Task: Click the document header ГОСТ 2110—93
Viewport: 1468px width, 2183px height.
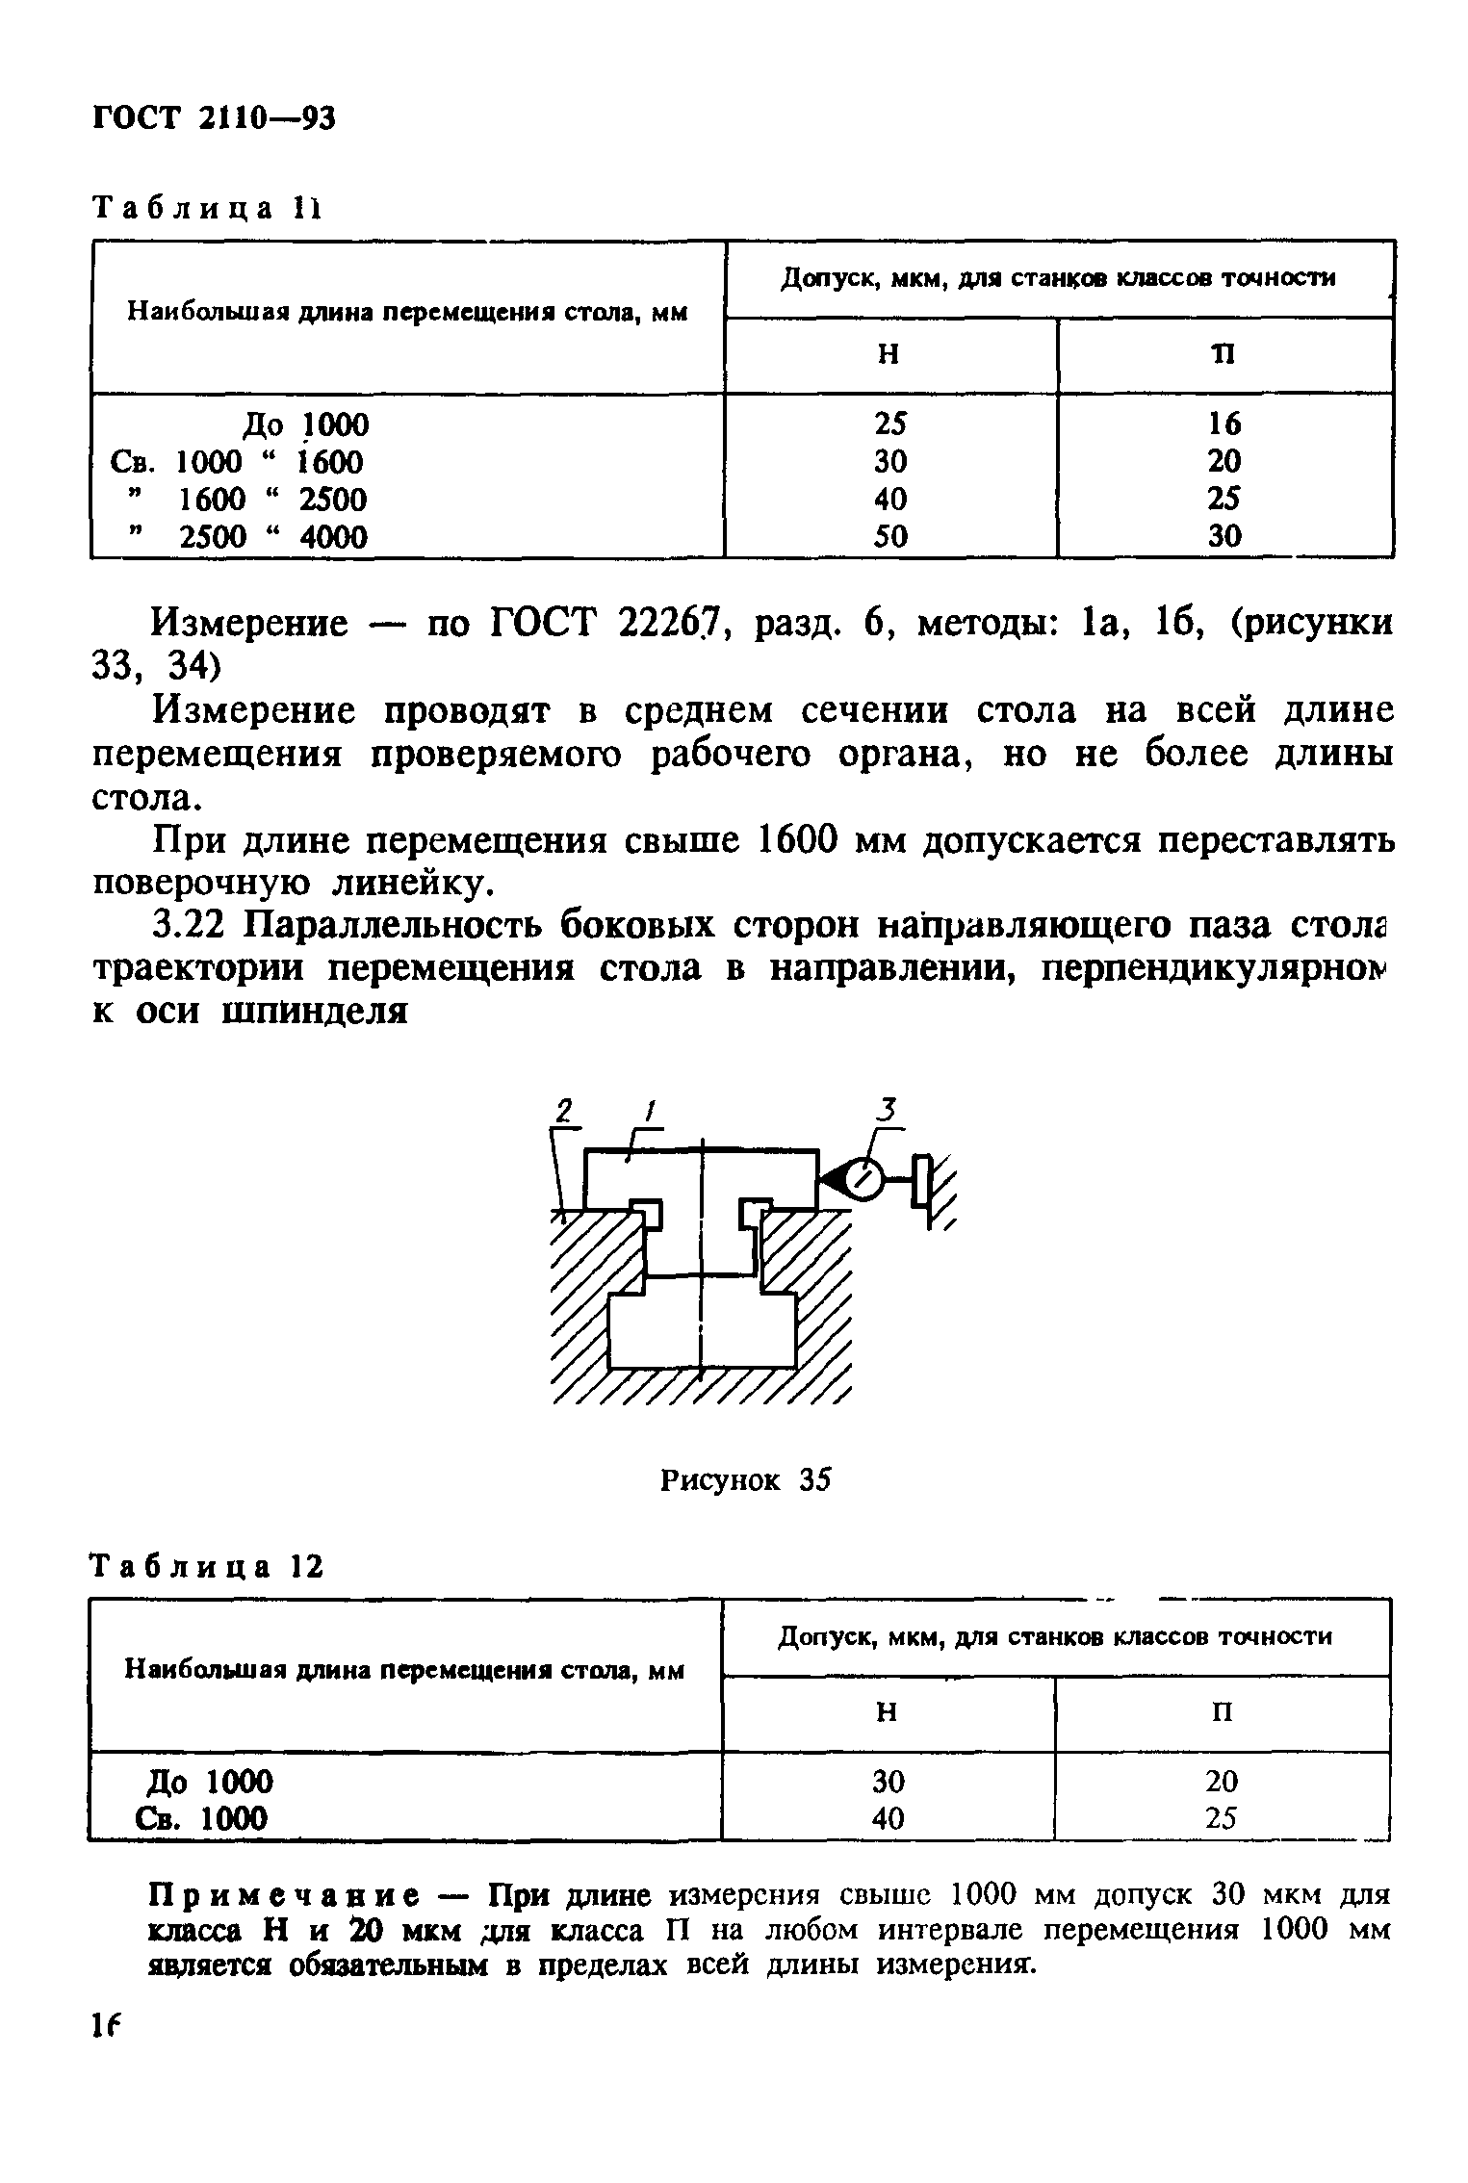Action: coord(213,118)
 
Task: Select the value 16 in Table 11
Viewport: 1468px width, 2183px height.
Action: coord(1224,424)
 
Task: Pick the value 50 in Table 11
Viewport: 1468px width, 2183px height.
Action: coord(890,536)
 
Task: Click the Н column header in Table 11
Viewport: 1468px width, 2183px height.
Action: coord(889,355)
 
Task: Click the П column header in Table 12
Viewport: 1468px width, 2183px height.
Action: coord(1223,1711)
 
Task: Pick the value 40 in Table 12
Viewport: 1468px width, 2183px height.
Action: coord(889,1818)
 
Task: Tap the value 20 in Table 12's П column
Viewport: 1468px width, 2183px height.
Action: coord(1223,1782)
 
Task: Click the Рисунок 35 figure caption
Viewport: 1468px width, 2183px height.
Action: coord(744,1481)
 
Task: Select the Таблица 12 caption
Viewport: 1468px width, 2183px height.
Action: coord(207,1568)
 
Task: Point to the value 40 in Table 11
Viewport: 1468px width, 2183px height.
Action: coord(890,499)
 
